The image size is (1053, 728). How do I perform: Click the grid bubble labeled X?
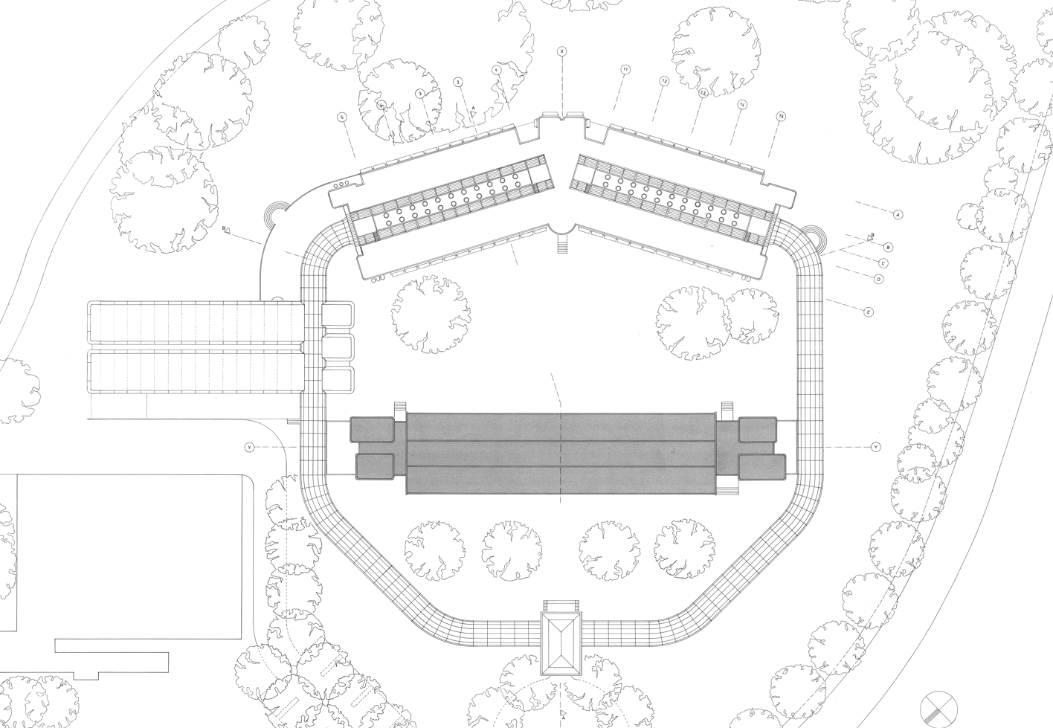pos(562,51)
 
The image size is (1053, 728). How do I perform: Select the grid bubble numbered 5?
pos(342,117)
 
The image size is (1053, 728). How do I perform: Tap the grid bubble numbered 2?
pos(458,82)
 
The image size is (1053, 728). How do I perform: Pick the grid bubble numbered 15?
pos(780,117)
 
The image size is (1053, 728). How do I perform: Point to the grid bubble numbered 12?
pos(663,80)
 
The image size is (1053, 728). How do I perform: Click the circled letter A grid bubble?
pos(898,214)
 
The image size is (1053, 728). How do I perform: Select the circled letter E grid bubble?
pos(867,313)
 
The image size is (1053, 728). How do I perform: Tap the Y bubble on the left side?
pos(250,447)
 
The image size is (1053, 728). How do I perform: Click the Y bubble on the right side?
pos(875,447)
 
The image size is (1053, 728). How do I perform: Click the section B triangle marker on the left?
pos(228,230)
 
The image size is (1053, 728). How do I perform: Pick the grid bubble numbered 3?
pos(420,94)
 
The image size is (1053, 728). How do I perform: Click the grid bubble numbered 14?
pos(741,105)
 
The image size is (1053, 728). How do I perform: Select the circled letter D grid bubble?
pos(878,279)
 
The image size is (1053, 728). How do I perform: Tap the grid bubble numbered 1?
pos(496,70)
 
